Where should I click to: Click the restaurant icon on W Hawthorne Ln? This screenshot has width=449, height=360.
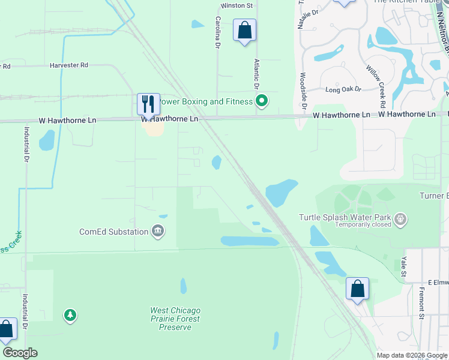[148, 103]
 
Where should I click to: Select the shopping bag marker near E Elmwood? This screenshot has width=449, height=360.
[357, 289]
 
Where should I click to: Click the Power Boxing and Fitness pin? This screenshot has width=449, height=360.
[261, 101]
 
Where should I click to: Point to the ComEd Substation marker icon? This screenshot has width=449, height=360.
[158, 232]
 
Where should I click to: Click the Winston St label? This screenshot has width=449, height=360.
[237, 5]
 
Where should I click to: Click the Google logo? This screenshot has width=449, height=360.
[20, 353]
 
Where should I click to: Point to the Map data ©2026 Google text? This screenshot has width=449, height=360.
[412, 355]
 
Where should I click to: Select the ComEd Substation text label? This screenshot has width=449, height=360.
[114, 232]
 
